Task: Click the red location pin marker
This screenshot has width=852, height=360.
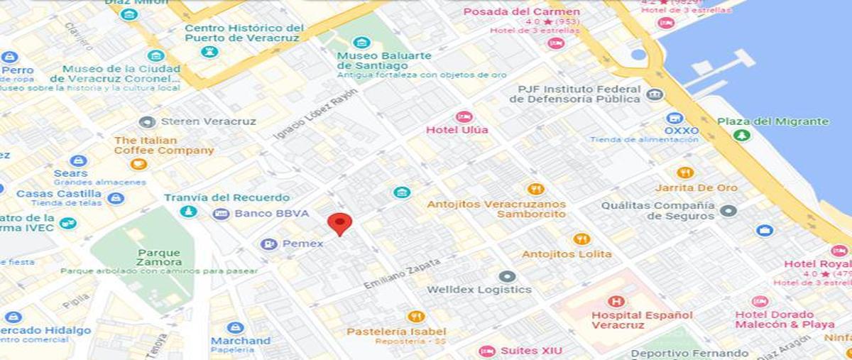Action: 340,224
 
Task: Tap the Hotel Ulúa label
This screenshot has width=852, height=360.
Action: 457,130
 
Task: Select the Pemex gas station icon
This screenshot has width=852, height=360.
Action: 269,244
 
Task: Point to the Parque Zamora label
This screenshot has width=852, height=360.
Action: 159,257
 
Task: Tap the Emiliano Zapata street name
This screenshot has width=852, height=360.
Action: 402,273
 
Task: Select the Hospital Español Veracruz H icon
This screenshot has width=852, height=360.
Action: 616,301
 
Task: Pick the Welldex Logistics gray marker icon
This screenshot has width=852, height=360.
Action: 507,276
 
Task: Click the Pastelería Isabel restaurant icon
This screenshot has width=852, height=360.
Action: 417,317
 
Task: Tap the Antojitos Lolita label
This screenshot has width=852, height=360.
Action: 567,254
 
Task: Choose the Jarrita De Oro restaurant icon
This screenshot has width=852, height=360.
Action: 685,173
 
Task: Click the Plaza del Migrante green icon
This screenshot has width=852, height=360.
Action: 742,134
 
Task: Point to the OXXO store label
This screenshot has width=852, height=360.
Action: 681,131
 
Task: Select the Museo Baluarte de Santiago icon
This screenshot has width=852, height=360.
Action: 361,43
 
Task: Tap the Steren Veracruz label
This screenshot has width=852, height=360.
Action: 208,121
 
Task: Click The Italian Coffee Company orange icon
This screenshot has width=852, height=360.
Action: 138,164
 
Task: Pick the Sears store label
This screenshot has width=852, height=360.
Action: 71,173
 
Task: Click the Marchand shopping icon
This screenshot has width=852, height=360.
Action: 236,327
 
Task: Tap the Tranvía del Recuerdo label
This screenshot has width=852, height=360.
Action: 226,197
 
